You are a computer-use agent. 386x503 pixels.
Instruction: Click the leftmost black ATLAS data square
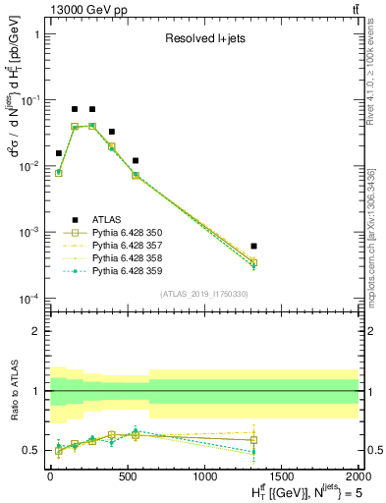[x=59, y=153]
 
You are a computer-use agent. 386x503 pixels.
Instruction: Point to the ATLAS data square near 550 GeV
[x=136, y=160]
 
